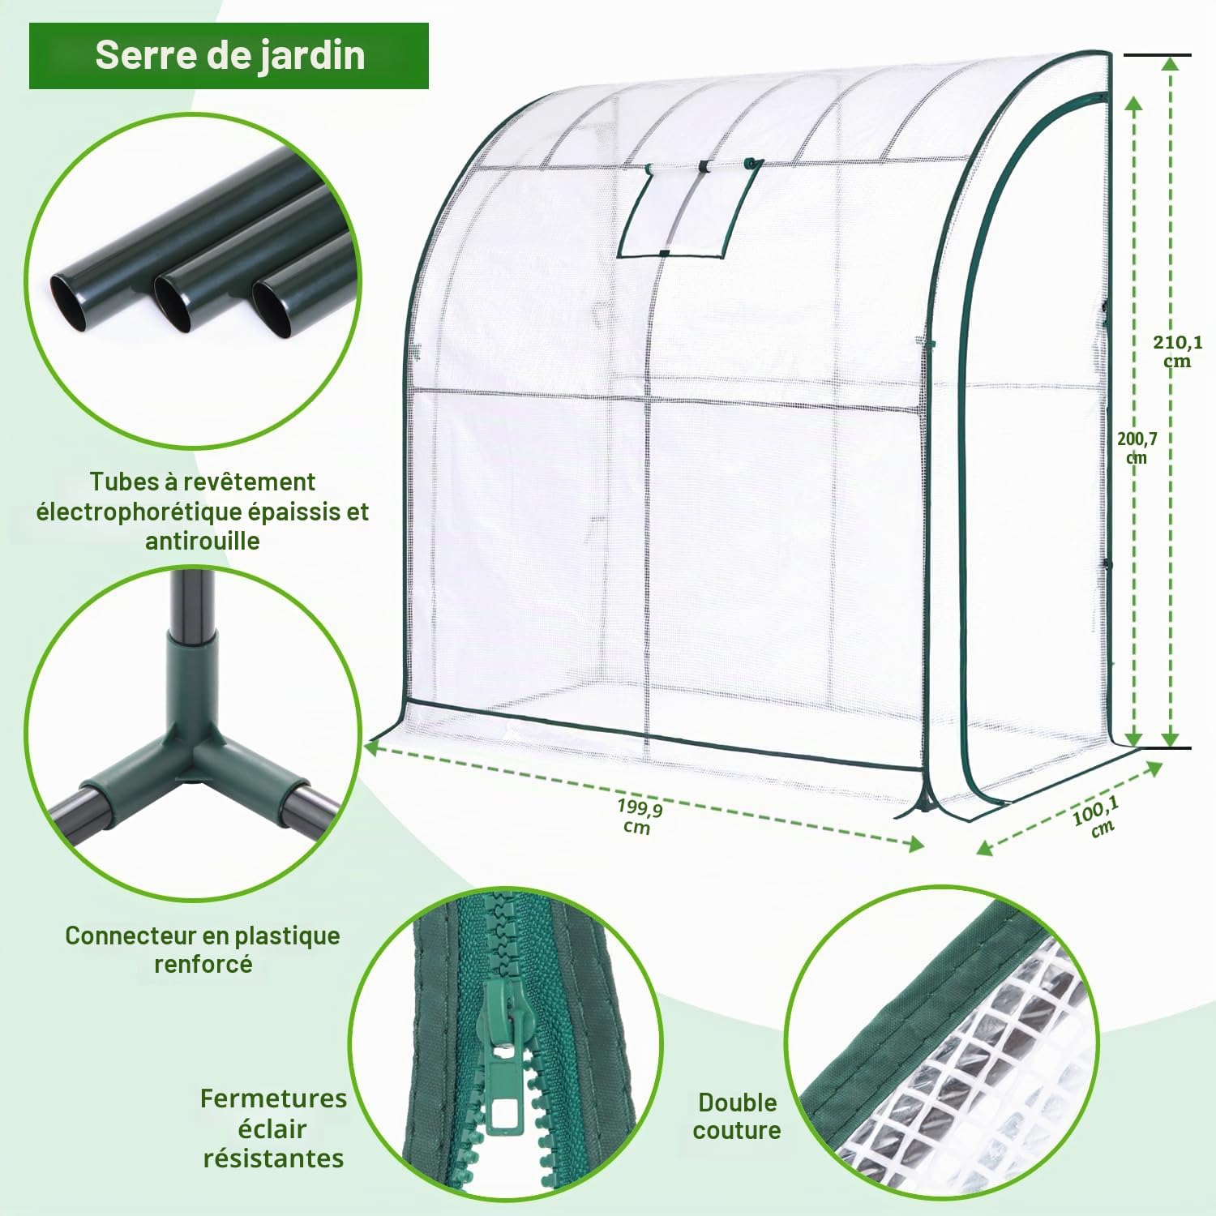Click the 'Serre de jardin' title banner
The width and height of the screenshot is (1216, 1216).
[229, 55]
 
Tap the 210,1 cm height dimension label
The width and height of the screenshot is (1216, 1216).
[1177, 351]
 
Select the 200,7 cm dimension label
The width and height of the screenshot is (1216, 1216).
[1137, 447]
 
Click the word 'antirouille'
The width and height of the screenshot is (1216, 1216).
[203, 541]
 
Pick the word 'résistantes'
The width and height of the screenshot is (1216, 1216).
[273, 1158]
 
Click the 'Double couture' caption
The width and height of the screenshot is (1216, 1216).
[737, 1116]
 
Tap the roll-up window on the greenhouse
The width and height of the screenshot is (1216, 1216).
[689, 209]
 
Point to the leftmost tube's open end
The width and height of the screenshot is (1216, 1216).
[71, 302]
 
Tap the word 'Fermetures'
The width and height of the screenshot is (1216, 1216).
[273, 1098]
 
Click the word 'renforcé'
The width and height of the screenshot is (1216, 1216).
[203, 965]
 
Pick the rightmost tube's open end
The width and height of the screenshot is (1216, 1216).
[272, 308]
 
